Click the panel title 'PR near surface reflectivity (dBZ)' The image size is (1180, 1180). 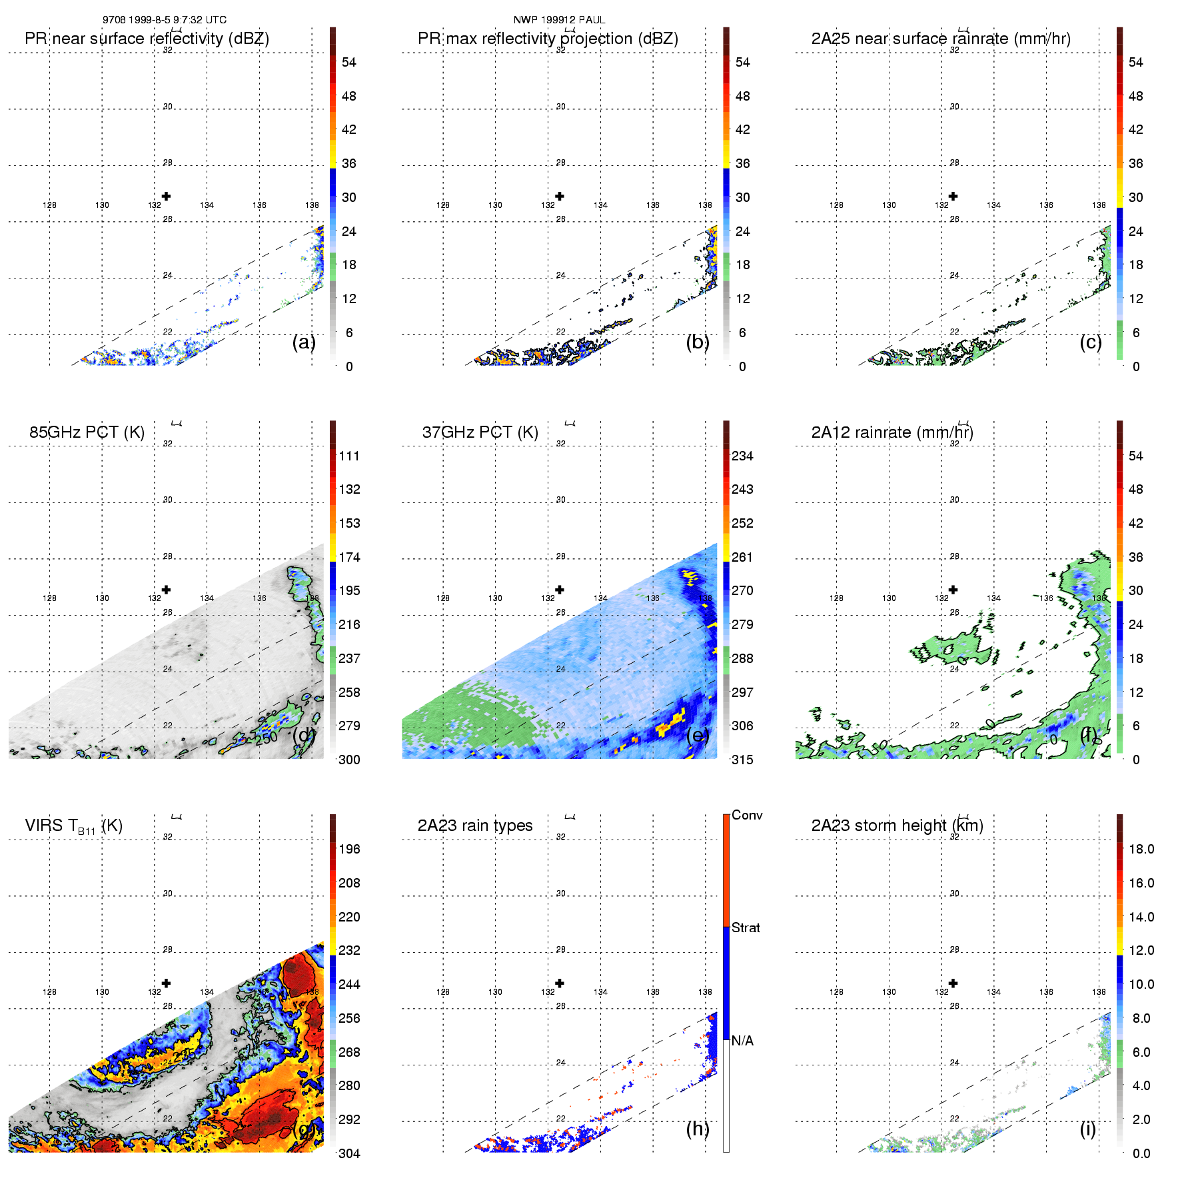tap(147, 39)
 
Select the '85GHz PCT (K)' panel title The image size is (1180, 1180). tap(87, 432)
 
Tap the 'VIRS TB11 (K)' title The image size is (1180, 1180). tap(73, 826)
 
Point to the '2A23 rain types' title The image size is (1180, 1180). tap(474, 826)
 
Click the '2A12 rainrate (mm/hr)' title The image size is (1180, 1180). tap(891, 432)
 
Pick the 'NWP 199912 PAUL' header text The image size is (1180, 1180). tap(559, 20)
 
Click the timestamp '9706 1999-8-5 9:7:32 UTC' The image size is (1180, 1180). tap(165, 20)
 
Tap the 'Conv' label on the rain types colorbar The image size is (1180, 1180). tap(747, 816)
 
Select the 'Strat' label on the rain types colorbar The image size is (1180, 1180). tap(746, 928)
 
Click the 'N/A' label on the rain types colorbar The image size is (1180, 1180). tap(742, 1041)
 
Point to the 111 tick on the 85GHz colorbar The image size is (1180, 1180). tap(349, 456)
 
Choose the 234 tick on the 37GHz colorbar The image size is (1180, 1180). tap(742, 456)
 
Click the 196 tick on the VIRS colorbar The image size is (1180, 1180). tap(349, 850)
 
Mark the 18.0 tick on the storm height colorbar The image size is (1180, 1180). tap(1141, 850)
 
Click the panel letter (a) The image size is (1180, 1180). tap(303, 342)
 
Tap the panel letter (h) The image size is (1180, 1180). tap(697, 1129)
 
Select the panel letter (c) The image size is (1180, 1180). tap(1090, 342)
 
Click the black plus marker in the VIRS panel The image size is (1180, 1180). tap(166, 983)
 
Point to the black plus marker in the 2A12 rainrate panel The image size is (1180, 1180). tap(953, 590)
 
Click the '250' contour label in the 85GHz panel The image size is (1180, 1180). tap(266, 738)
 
